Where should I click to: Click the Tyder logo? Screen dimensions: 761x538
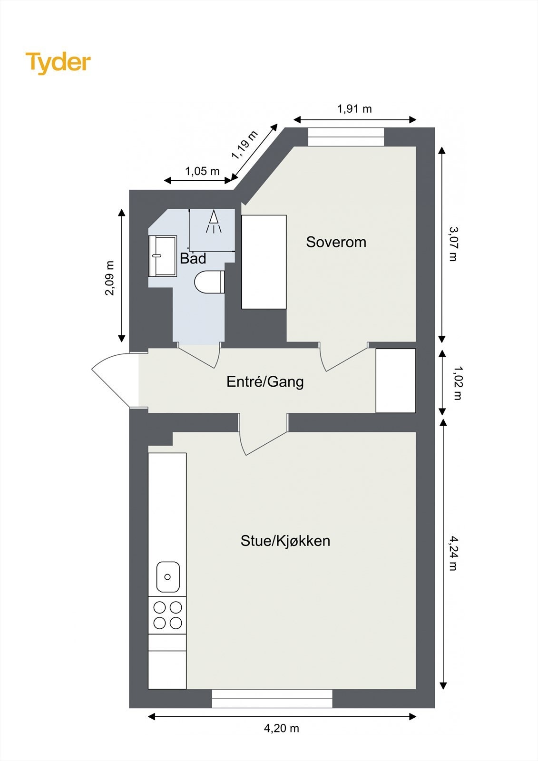[58, 63]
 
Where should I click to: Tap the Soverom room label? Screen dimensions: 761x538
[336, 242]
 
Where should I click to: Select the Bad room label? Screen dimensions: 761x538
[193, 259]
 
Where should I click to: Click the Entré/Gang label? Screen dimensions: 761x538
[265, 381]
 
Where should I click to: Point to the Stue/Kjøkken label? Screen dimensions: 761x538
[285, 541]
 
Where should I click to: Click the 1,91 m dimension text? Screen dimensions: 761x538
[354, 109]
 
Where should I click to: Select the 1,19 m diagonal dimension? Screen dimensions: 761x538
[245, 145]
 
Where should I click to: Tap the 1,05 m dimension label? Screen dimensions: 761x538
[202, 171]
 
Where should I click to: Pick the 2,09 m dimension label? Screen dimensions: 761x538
[110, 278]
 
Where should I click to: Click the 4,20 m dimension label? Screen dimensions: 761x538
[282, 728]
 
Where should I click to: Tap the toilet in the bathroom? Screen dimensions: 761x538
[209, 282]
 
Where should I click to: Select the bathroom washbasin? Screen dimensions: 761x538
[162, 256]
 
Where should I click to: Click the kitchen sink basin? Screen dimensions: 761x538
[168, 576]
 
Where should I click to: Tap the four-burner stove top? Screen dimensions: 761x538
[167, 615]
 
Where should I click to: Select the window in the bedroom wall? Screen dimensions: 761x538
[346, 137]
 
